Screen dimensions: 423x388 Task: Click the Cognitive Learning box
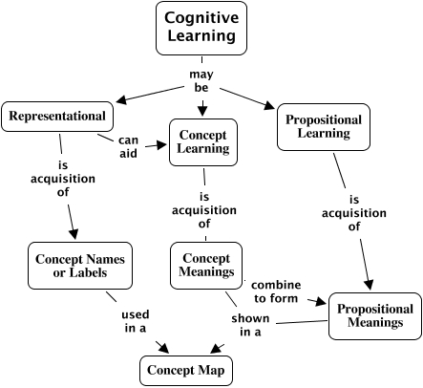pos(201,28)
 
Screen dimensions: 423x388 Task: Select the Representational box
pos(57,117)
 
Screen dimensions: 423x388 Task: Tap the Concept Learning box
pos(203,142)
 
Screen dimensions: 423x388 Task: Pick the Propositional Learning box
pos(324,127)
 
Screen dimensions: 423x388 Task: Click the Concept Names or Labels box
pos(80,266)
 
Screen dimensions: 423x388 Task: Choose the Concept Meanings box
pos(206,266)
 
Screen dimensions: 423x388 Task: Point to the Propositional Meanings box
pos(375,316)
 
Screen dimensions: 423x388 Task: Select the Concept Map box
pos(186,371)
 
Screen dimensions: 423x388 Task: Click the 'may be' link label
pos(201,81)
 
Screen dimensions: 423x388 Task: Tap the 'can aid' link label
pos(128,147)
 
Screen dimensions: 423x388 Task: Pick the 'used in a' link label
pos(136,321)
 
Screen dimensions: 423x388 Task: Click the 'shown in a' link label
pos(250,325)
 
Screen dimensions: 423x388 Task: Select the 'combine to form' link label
pos(276,291)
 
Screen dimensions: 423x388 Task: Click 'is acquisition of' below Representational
pos(63,179)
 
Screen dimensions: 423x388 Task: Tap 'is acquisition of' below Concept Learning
pos(204,210)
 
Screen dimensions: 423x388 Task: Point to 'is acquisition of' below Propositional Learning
pos(354,213)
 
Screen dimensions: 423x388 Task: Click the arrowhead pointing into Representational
pos(121,100)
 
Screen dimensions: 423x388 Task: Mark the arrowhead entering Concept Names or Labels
pos(74,234)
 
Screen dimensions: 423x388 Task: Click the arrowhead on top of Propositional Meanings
pos(369,285)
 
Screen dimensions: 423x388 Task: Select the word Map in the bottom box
pos(211,371)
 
